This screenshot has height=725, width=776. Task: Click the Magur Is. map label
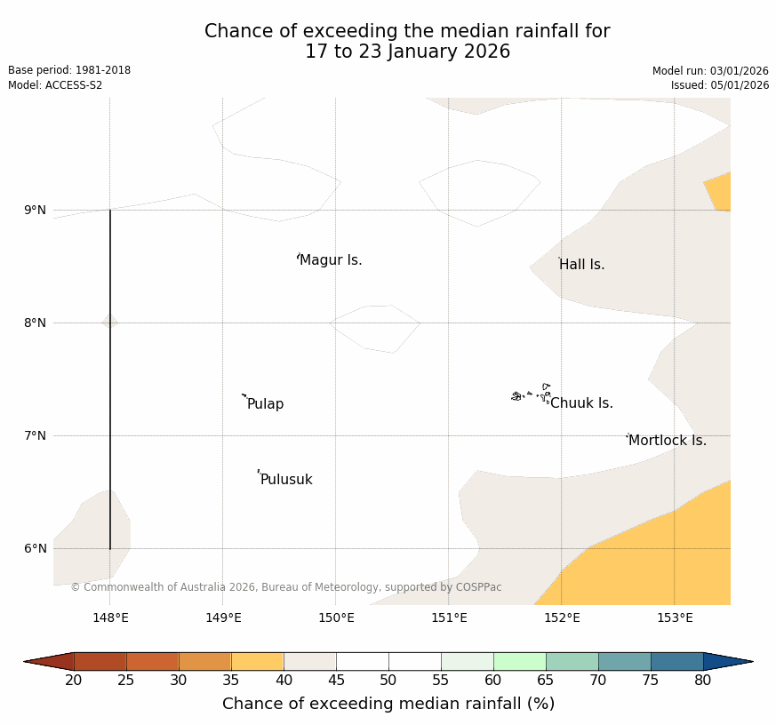[x=331, y=260]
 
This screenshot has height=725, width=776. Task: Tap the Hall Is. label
[x=581, y=265]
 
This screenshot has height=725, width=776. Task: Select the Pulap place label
[x=265, y=404]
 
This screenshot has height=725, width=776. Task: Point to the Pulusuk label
[x=286, y=480]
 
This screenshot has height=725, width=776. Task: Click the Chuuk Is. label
[x=581, y=403]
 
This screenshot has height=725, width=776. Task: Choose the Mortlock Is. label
[x=667, y=441]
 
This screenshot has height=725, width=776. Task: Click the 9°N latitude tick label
[x=36, y=211]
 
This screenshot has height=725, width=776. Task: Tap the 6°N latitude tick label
[x=36, y=549]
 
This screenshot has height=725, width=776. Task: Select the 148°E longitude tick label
[x=110, y=618]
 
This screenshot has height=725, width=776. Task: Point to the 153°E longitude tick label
[x=675, y=618]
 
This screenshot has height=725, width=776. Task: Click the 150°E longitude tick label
[x=336, y=618]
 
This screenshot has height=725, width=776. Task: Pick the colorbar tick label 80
[x=702, y=681]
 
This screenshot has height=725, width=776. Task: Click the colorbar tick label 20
[x=74, y=681]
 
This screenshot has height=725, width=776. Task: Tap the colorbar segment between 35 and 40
[x=257, y=661]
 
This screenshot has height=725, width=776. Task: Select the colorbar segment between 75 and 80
[x=676, y=661]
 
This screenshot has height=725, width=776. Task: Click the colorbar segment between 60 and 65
[x=519, y=661]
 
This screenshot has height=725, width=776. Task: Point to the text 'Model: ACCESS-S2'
[x=55, y=85]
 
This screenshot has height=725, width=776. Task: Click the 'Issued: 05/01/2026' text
[x=720, y=85]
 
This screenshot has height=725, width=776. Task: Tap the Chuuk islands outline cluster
[x=531, y=394]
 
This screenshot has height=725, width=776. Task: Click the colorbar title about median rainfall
[x=388, y=704]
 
